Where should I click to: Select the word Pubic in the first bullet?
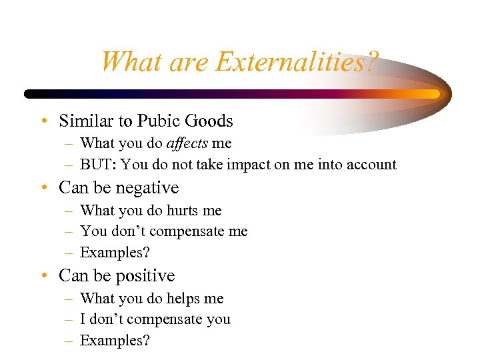tap(158, 121)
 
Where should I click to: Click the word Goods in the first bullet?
tap(209, 121)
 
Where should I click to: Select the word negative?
tap(148, 187)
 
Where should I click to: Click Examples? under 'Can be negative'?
tap(115, 253)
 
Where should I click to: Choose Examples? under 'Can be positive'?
tap(115, 341)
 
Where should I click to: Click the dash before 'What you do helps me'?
tap(69, 299)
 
